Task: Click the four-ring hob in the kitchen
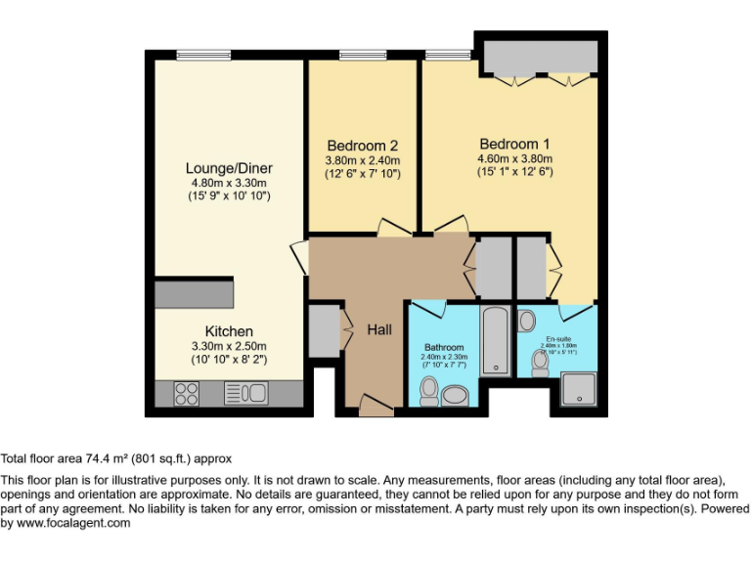coord(186,393)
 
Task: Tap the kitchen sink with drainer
coord(246,393)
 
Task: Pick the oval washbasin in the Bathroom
coord(457,396)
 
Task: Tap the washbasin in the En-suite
coord(527,320)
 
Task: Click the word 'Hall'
coord(379,330)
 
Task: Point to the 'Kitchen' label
coord(229,331)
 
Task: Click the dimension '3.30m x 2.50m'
coord(229,346)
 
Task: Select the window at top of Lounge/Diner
coord(203,54)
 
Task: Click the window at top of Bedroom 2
coord(363,55)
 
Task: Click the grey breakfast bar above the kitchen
coord(195,291)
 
